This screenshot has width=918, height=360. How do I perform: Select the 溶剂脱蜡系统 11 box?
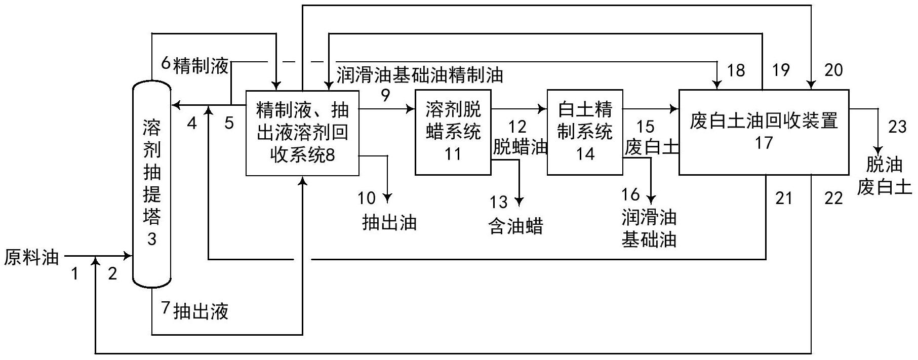(453, 132)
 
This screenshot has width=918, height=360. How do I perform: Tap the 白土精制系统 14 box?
(585, 132)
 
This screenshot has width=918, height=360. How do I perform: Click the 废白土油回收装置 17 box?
(764, 132)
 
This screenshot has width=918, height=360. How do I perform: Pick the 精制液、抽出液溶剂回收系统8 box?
(302, 133)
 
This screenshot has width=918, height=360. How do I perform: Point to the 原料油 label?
(31, 258)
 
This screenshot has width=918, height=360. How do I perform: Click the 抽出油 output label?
(389, 222)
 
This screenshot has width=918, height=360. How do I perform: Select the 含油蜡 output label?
(515, 226)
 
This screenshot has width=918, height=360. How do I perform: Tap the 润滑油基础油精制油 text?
(420, 75)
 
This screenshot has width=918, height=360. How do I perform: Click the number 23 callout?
(897, 127)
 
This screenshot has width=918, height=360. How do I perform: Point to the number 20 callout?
(833, 70)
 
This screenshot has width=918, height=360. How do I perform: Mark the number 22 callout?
(833, 198)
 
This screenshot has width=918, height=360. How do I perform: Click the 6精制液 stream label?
(195, 65)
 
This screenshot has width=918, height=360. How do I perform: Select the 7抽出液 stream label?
(195, 310)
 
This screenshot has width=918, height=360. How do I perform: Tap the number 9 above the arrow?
(386, 95)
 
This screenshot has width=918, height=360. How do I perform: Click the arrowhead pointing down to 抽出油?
(388, 198)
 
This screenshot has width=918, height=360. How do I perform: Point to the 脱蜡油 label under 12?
(520, 147)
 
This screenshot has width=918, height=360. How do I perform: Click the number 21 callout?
(783, 198)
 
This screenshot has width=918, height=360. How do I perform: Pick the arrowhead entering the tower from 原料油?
(128, 256)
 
